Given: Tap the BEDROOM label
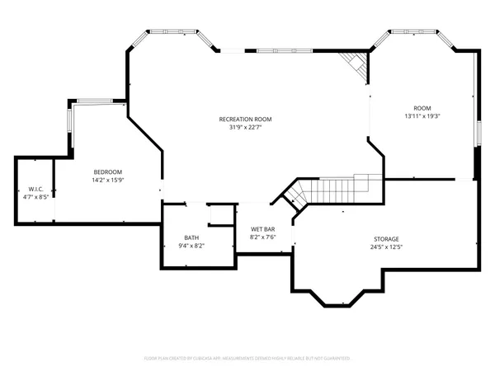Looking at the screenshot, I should (x=107, y=171).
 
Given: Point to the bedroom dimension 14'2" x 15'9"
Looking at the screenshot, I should (x=107, y=179).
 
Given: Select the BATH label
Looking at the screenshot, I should (x=191, y=237).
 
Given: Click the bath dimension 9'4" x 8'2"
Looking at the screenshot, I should (x=191, y=246).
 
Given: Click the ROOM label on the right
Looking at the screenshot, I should (x=422, y=107).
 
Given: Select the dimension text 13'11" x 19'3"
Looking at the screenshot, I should (x=422, y=116).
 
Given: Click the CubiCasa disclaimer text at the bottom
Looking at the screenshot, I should (x=247, y=359).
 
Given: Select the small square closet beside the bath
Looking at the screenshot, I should (x=220, y=214).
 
